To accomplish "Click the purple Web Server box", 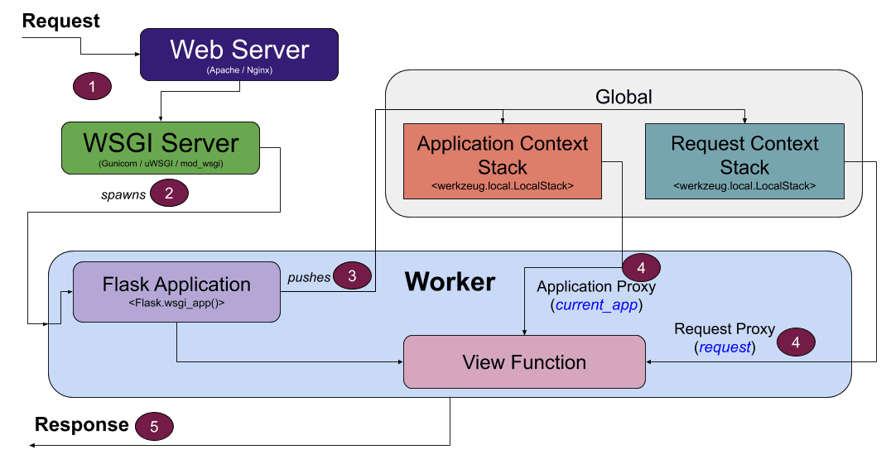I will [239, 55].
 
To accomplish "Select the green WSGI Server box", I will [161, 149].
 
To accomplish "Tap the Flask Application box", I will [176, 291].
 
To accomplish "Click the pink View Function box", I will [524, 361].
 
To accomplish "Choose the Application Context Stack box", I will [502, 161].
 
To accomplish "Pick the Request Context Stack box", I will [744, 161].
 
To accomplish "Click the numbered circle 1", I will [93, 86].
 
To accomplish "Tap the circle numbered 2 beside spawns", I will [169, 194].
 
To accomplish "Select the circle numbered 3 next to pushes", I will [352, 276].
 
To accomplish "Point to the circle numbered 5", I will [154, 426].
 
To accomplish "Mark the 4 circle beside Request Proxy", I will [796, 341].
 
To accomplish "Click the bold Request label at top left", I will [61, 21].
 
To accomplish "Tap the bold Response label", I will [81, 425].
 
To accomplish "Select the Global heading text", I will [624, 97].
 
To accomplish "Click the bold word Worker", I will [450, 282].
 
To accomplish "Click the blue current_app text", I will [595, 304].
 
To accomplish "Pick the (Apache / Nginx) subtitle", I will [239, 71].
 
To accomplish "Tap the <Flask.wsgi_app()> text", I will [176, 304].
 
